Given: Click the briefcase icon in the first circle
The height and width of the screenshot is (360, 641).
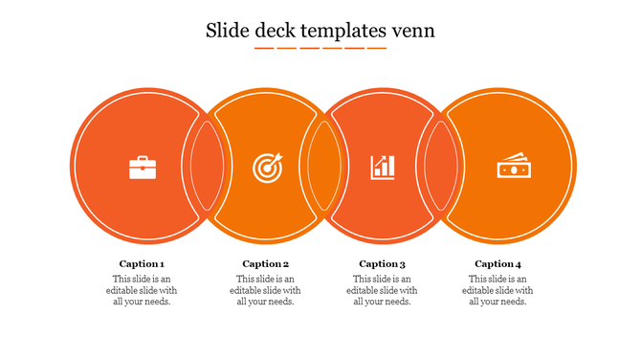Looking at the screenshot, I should coord(143,169).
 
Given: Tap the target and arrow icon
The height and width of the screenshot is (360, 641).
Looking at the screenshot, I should coord(267,168).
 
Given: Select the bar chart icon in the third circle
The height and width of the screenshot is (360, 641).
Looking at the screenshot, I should coord(383,168).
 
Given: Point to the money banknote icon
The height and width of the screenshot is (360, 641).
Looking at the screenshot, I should coord(512,168).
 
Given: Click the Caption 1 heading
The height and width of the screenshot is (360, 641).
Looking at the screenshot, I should coord(142,264).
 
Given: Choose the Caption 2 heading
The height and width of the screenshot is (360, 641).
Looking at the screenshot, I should coord(265,264).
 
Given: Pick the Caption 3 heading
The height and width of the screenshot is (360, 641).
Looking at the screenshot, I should coord(382,264).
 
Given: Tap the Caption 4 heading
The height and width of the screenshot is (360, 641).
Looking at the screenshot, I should coord(497,264).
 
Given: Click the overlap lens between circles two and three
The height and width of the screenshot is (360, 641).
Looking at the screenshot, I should coord(322,165).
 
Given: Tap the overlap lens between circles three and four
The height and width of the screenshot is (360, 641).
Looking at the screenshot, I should coord(440,165).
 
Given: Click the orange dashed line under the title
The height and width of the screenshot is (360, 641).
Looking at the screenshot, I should coord(320,47).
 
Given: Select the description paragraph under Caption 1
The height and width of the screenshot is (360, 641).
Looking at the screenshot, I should coord(142,290).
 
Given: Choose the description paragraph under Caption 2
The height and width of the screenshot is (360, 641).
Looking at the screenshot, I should coord(265,290).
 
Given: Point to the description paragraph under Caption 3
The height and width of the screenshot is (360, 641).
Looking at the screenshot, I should coord(382,290).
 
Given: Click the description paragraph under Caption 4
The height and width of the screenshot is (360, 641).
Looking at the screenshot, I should coord(497,290).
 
